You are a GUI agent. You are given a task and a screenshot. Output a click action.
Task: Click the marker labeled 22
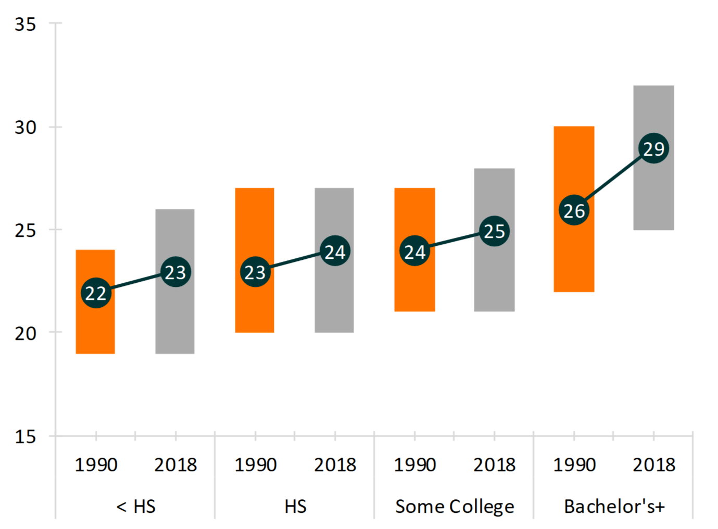[x=96, y=293]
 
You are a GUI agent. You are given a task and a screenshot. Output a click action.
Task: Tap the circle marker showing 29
[x=653, y=149]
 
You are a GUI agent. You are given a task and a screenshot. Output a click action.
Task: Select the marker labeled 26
[x=574, y=211]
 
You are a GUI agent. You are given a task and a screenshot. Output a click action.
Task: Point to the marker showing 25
[x=494, y=231]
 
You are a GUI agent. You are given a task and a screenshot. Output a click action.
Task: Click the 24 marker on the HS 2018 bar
[x=334, y=251]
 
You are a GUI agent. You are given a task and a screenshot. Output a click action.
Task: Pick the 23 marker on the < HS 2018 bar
[x=175, y=272]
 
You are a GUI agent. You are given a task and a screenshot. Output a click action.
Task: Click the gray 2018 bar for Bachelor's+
[x=653, y=198]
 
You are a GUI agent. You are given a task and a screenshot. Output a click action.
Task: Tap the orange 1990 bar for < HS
[x=95, y=328]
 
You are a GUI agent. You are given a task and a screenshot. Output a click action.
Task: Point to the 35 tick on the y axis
[x=25, y=24]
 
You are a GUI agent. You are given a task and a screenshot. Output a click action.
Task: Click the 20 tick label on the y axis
[x=25, y=333]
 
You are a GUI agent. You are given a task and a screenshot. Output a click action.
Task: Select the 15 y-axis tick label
[x=25, y=436]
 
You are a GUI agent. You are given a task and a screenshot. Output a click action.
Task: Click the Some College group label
[x=455, y=506]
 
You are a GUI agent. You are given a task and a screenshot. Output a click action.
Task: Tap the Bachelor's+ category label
[x=614, y=506]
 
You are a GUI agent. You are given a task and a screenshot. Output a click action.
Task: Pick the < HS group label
[x=136, y=506]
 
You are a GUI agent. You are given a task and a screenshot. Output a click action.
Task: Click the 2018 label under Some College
[x=494, y=464]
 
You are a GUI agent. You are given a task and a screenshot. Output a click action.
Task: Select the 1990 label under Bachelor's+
[x=574, y=464]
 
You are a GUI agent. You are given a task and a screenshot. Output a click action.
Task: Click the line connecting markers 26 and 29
[x=614, y=180]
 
